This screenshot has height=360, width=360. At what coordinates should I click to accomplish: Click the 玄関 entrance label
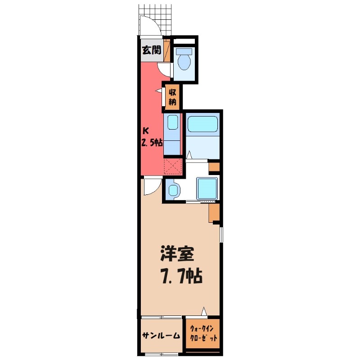point(152,50)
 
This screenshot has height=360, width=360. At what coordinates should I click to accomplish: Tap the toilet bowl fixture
point(184,60)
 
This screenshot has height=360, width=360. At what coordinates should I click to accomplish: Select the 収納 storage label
point(173,97)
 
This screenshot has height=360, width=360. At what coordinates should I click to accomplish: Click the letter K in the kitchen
point(145,131)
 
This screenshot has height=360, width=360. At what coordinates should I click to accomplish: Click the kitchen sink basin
point(172,122)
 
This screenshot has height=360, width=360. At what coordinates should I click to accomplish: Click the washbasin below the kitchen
point(173,190)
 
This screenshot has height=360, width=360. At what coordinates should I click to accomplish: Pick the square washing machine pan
point(207,188)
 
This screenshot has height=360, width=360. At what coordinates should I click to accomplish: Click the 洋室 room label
point(177,255)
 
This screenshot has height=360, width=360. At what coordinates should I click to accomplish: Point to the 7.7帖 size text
point(180,276)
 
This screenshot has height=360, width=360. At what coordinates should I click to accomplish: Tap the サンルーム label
point(161,336)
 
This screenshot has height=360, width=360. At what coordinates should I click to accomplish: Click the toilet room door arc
point(165,68)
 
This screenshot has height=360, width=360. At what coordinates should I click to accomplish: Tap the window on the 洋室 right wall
point(221,234)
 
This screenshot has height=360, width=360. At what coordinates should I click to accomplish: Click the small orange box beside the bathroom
point(215,167)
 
